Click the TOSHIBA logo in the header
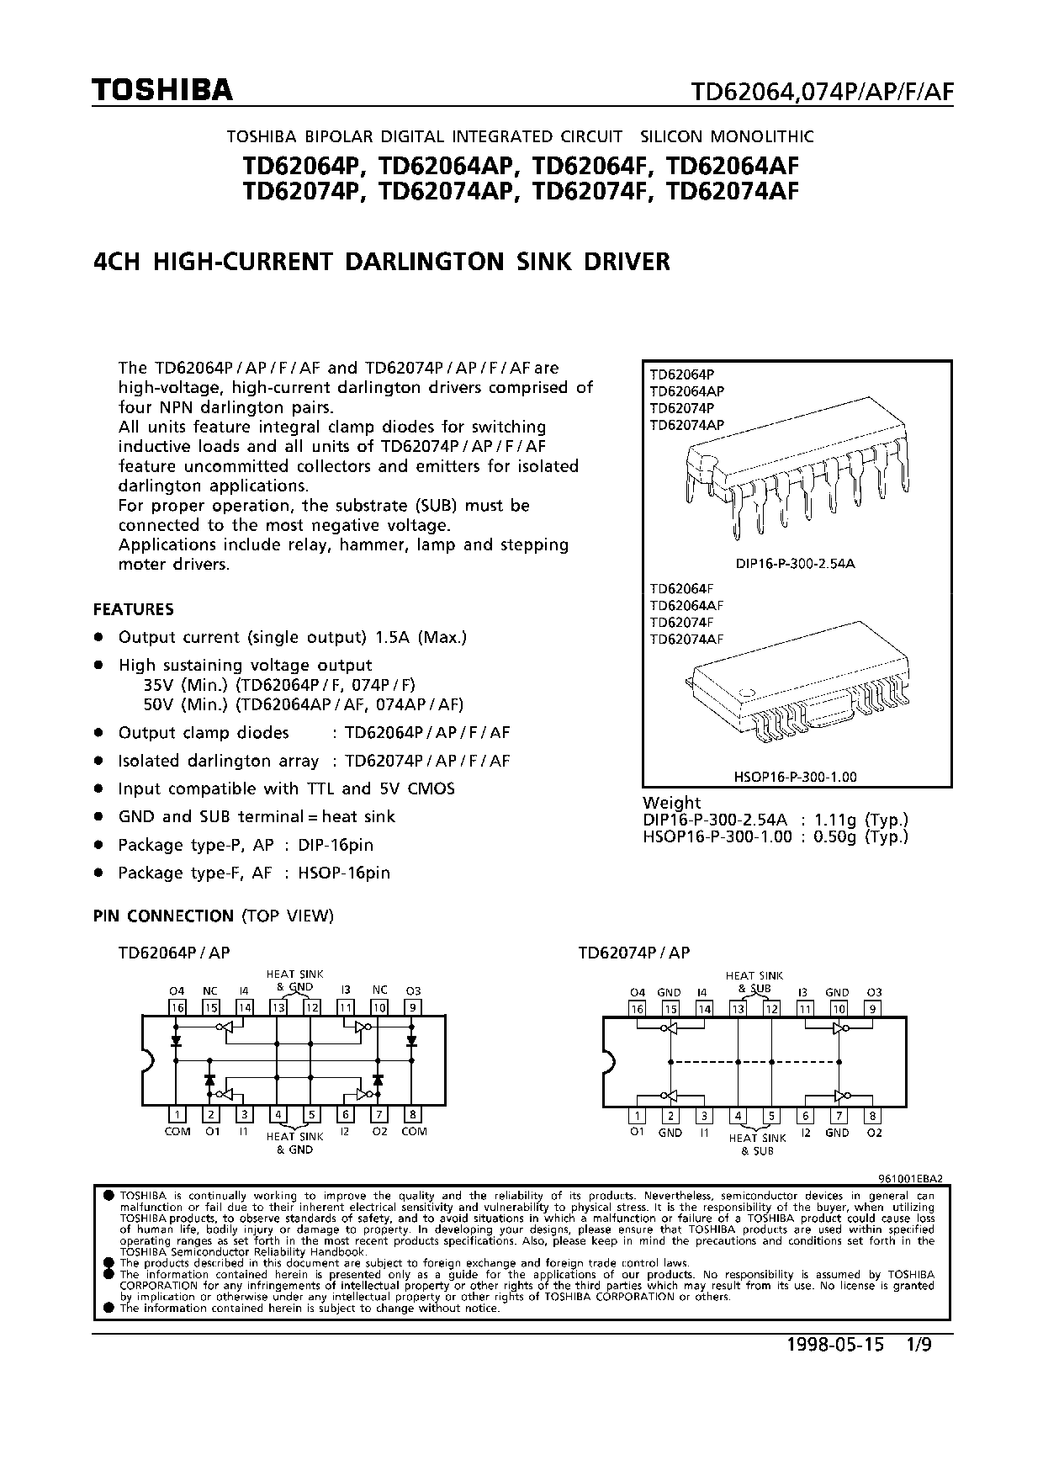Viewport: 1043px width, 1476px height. click(162, 90)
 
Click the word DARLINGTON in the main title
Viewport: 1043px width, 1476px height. click(424, 262)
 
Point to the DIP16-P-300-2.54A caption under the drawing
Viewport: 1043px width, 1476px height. click(795, 563)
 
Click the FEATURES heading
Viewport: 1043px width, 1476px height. click(134, 609)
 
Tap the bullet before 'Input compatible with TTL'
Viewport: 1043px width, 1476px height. click(99, 789)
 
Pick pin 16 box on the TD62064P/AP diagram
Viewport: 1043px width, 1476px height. click(177, 1007)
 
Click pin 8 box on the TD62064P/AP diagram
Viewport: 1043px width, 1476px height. click(412, 1115)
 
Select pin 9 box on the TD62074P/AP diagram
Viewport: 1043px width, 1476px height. click(873, 1009)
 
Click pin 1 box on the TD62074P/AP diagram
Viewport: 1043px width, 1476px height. click(637, 1116)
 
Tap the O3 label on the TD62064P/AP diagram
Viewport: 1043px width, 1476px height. click(413, 991)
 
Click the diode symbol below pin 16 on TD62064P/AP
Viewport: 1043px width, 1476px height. click(177, 1041)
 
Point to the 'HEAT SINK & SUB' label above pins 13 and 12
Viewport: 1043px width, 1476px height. click(754, 981)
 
